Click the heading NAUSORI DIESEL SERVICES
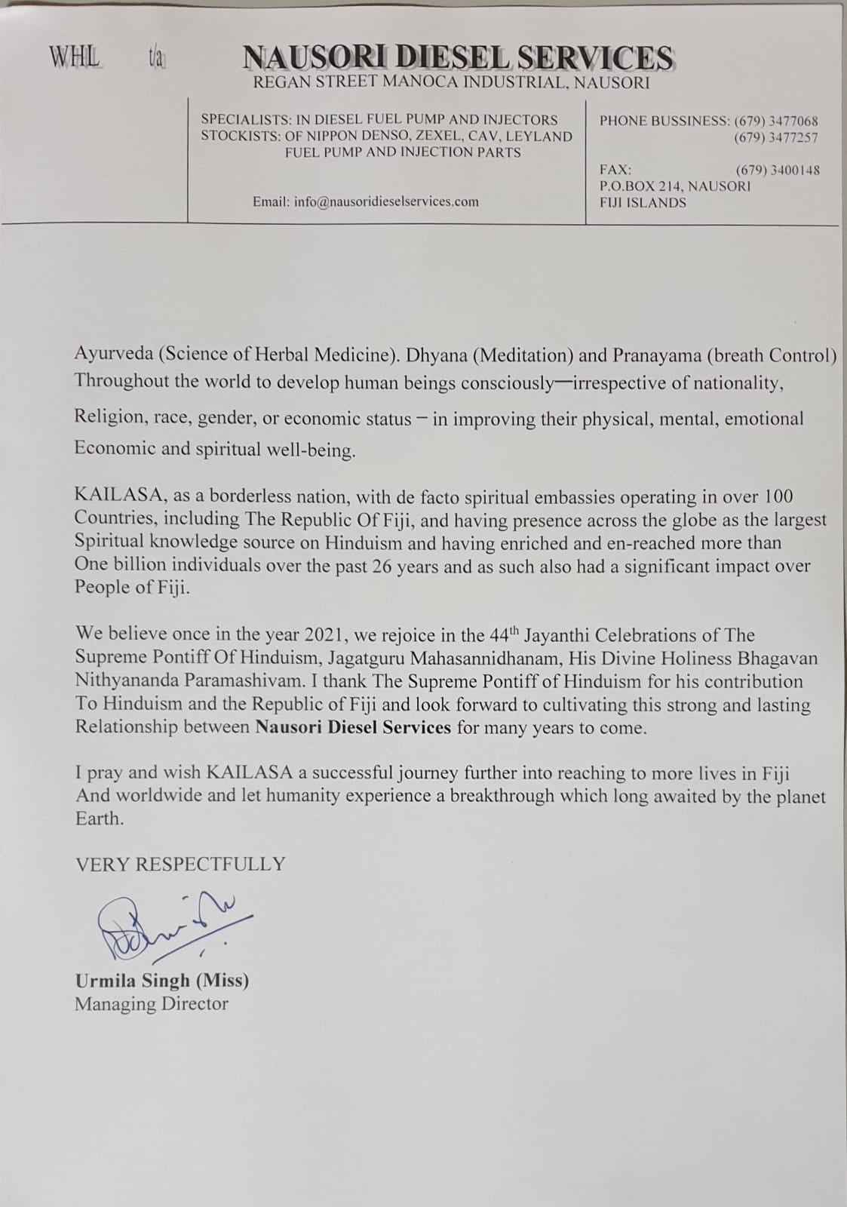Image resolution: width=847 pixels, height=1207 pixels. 457,58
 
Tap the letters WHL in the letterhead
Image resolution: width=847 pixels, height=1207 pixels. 74,57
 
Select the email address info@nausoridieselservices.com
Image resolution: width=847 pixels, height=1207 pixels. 365,201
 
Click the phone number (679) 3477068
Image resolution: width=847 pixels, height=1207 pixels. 776,121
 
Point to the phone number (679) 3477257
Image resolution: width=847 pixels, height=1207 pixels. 776,138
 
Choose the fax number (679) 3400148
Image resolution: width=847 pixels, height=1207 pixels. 777,170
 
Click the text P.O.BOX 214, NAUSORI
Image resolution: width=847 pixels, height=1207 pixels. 674,186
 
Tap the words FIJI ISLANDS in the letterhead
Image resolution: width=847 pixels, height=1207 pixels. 643,203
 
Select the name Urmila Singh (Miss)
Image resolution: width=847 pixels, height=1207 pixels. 161,981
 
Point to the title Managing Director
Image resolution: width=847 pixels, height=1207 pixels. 151,1004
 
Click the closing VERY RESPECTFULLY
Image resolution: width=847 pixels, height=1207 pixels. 180,865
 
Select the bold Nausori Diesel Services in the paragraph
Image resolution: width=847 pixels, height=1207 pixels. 353,728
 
